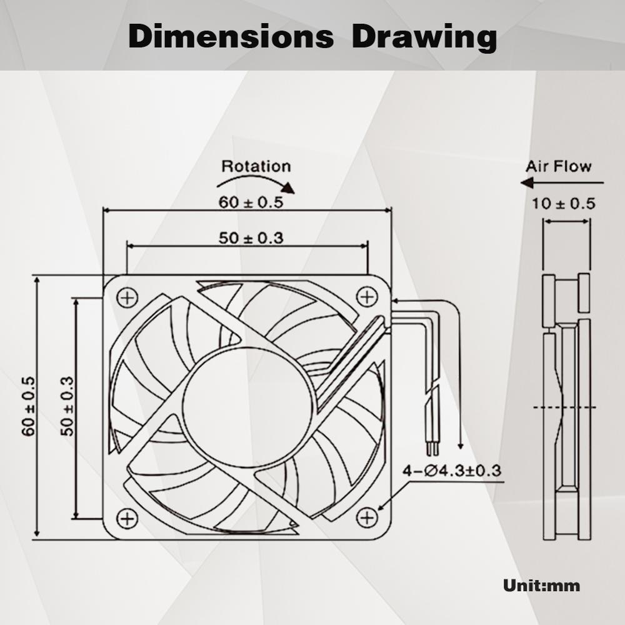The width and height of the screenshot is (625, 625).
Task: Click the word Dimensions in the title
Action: pyautogui.click(x=231, y=37)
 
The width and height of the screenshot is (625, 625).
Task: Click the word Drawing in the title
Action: pyautogui.click(x=424, y=37)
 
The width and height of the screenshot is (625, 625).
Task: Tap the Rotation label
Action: pyautogui.click(x=256, y=166)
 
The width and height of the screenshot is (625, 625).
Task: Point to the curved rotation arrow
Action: pyautogui.click(x=256, y=183)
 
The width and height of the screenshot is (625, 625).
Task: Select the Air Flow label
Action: pyautogui.click(x=558, y=166)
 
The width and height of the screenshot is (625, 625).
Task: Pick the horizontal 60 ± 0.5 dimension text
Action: pyautogui.click(x=251, y=202)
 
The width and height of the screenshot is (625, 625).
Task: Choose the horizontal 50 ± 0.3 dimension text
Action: pyautogui.click(x=251, y=237)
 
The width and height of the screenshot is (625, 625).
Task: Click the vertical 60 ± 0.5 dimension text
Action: pyautogui.click(x=28, y=406)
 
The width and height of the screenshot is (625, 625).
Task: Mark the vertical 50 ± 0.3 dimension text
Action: pyautogui.click(x=67, y=406)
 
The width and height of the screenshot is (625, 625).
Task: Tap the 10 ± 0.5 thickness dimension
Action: pyautogui.click(x=564, y=203)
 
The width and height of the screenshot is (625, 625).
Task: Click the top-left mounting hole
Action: pyautogui.click(x=127, y=297)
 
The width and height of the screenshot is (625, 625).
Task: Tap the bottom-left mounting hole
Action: pyautogui.click(x=127, y=517)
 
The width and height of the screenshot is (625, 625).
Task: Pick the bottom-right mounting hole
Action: pyautogui.click(x=367, y=517)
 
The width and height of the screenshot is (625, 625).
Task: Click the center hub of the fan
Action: pyautogui.click(x=248, y=407)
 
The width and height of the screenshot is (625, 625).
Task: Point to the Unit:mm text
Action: pyautogui.click(x=541, y=586)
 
